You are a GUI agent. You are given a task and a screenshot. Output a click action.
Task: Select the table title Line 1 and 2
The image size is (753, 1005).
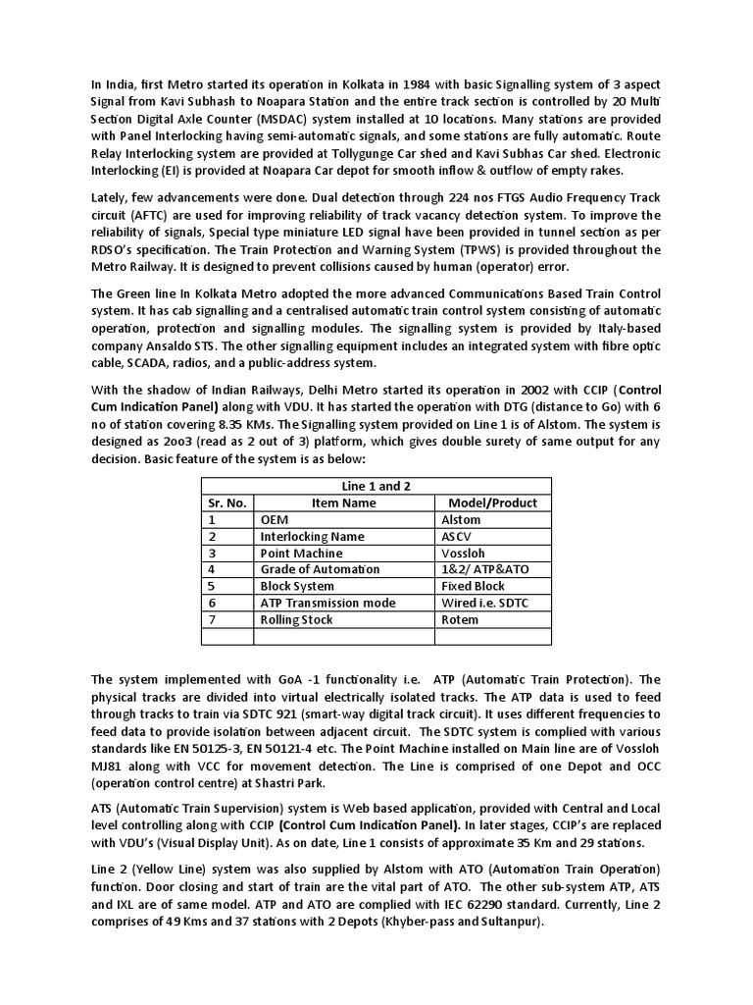pyautogui.click(x=376, y=487)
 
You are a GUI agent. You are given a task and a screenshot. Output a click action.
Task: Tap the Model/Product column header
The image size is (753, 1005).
pyautogui.click(x=492, y=503)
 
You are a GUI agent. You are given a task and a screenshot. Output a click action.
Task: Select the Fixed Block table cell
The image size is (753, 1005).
pyautogui.click(x=474, y=587)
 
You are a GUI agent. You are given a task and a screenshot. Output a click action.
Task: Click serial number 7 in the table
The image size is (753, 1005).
pyautogui.click(x=210, y=620)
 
